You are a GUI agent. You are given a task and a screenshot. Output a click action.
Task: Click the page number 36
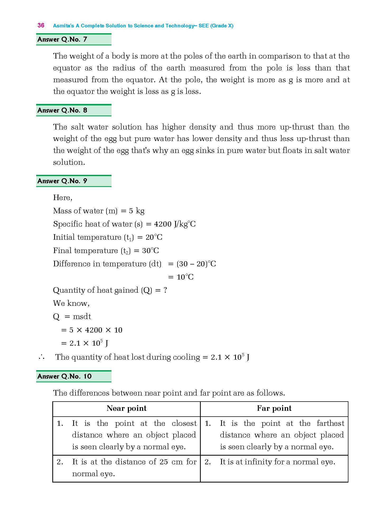41,25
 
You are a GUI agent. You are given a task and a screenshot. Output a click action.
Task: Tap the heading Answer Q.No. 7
62,40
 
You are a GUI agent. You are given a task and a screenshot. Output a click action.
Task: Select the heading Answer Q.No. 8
62,110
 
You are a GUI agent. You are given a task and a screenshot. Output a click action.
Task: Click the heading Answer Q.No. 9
62,181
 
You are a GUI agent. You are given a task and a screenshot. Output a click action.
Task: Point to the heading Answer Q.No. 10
64,376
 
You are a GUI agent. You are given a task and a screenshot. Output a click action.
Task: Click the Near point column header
127,408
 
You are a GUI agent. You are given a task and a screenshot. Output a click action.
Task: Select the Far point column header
274,408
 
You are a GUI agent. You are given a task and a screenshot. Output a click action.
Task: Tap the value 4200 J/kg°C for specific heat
175,224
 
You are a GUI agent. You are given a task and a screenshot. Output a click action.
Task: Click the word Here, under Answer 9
63,198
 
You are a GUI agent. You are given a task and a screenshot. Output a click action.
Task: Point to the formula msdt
82,316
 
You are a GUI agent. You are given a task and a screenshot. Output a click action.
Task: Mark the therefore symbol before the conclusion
41,357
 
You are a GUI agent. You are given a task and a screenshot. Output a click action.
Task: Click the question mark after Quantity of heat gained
165,290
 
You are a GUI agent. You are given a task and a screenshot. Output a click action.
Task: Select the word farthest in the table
330,423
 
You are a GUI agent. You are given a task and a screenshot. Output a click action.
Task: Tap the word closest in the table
184,423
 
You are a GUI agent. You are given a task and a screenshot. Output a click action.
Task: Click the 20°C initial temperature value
154,237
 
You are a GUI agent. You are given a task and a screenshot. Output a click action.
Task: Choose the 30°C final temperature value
151,250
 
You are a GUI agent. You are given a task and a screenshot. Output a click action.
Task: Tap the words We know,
71,303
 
